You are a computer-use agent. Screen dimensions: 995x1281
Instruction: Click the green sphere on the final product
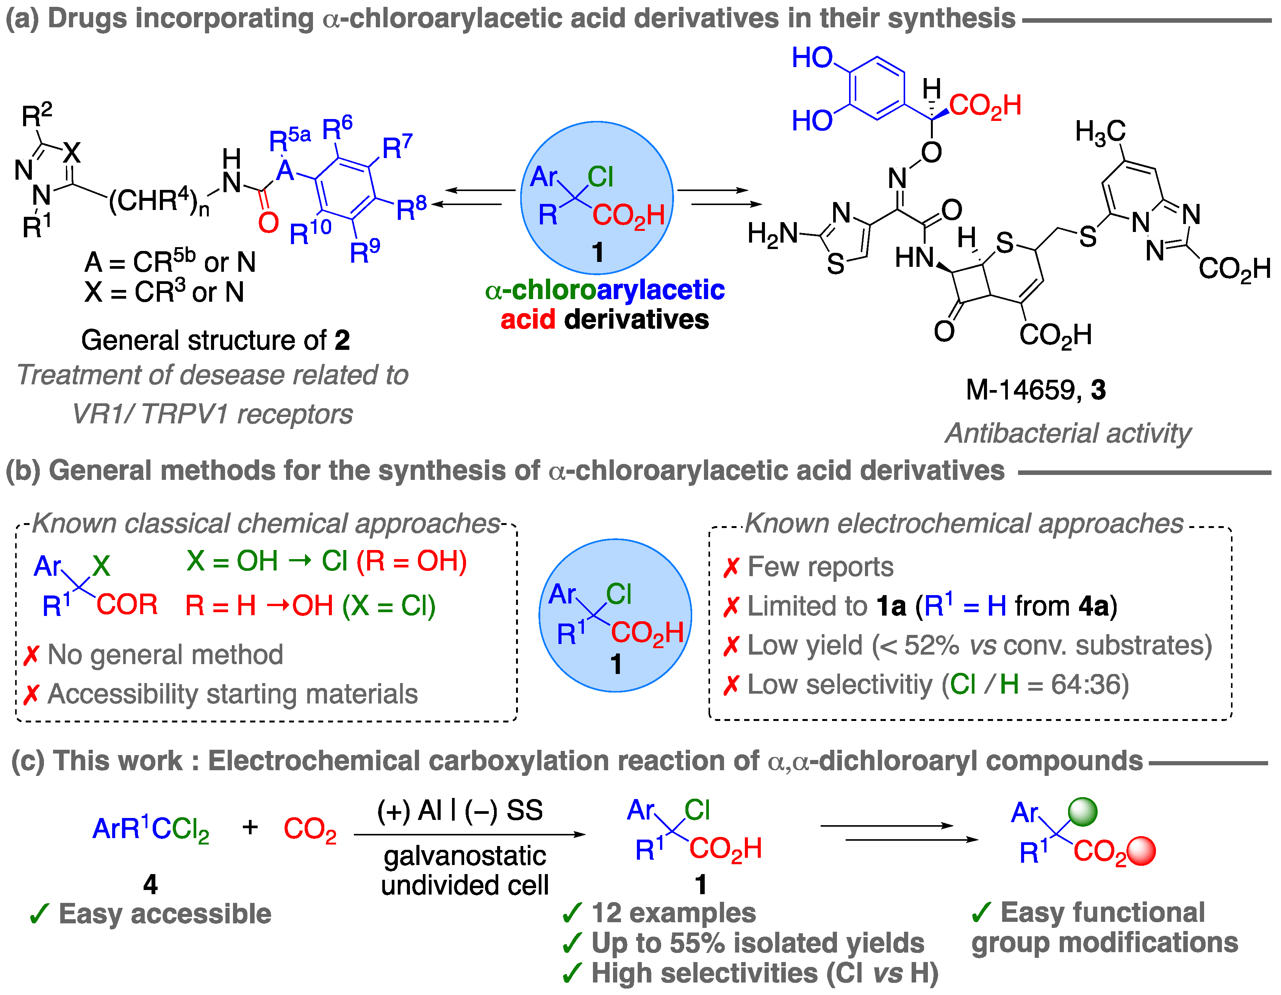pyautogui.click(x=1082, y=812)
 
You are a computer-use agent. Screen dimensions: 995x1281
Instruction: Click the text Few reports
pyautogui.click(x=820, y=567)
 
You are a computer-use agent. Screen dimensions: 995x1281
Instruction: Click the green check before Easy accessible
pyautogui.click(x=39, y=914)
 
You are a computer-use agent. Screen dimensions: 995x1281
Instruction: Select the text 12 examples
pyautogui.click(x=673, y=913)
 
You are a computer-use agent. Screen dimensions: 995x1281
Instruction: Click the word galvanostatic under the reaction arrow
pyautogui.click(x=465, y=856)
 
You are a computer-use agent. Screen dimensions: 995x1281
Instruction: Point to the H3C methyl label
pyautogui.click(x=1100, y=132)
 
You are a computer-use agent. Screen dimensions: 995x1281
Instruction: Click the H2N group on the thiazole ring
pyautogui.click(x=773, y=234)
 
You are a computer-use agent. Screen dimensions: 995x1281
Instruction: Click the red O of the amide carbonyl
pyautogui.click(x=268, y=223)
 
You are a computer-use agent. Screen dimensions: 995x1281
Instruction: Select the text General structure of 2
pyautogui.click(x=215, y=340)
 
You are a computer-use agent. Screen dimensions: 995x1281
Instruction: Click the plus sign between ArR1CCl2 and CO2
pyautogui.click(x=250, y=827)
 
